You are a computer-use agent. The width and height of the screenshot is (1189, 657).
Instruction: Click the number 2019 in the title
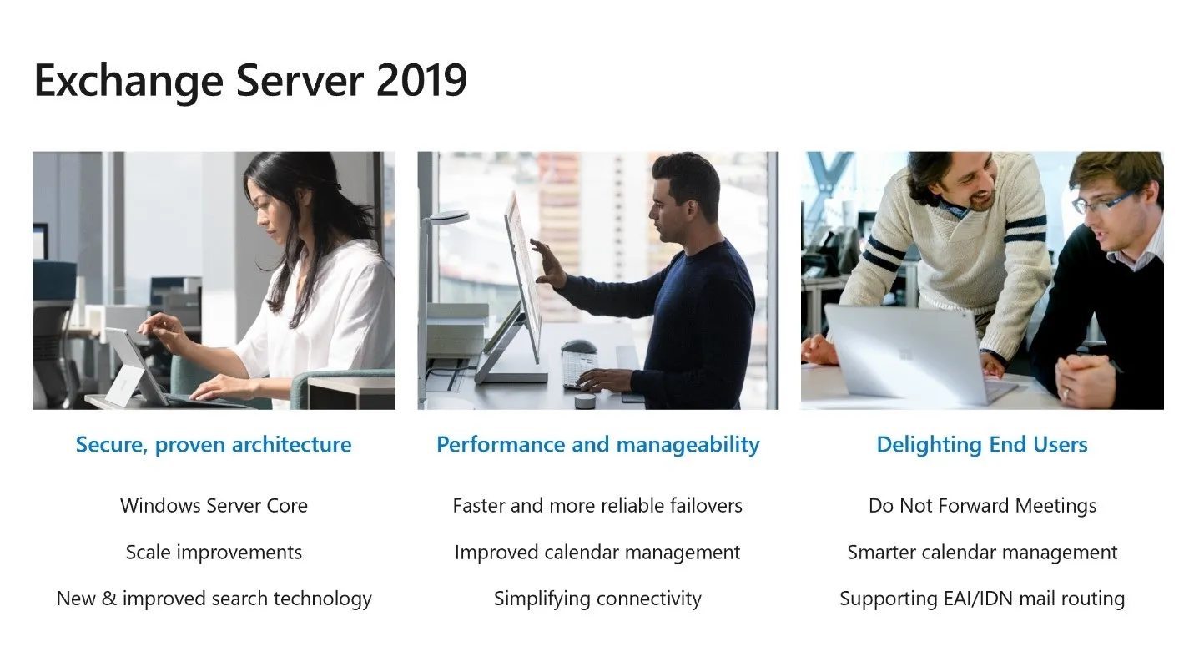pos(421,81)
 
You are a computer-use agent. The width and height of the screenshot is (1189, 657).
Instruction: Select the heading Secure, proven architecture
pos(214,445)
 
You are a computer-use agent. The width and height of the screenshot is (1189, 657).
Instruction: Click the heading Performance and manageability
pos(597,445)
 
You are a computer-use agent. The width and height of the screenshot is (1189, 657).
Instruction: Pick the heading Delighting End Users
pos(982,445)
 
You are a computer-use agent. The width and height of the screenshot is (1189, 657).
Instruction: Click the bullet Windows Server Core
pos(214,506)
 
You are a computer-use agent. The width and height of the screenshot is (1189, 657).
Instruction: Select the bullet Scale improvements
pos(214,553)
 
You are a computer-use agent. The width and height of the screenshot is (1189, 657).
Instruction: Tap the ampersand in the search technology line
pos(108,599)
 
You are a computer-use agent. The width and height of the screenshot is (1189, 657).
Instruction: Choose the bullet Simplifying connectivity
pos(597,599)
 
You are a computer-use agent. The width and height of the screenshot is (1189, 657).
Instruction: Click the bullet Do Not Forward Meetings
pos(983,506)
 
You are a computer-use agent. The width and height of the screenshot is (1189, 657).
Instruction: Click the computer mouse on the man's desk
pos(578,346)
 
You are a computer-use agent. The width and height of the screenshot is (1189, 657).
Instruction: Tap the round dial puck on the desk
pos(585,400)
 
